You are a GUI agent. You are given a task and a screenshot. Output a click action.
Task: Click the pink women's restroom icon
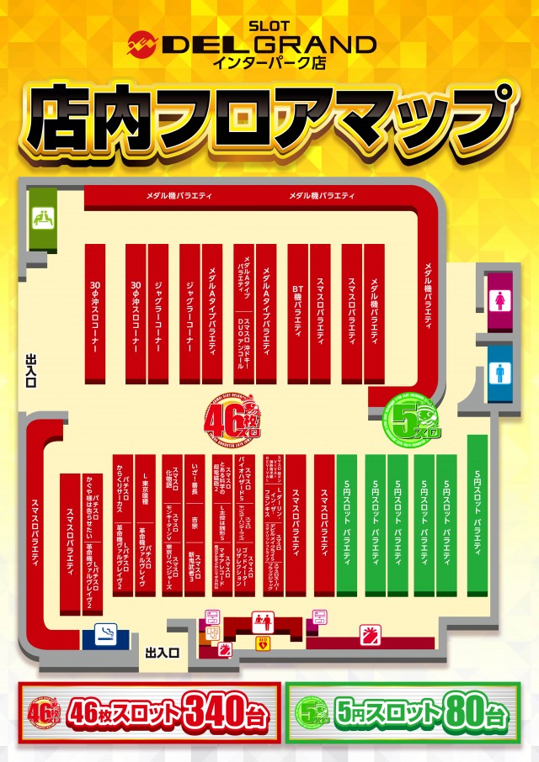pyautogui.click(x=500, y=299)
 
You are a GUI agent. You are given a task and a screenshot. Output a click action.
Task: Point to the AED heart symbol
pyautogui.click(x=261, y=643)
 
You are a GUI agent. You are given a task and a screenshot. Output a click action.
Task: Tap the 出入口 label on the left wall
pyautogui.click(x=32, y=371)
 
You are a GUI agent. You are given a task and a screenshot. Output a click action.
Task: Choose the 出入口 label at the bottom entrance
pyautogui.click(x=161, y=652)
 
